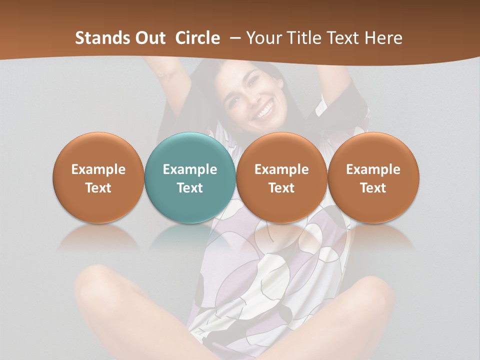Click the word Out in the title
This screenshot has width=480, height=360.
coord(150,38)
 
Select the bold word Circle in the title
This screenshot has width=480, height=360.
coord(197,38)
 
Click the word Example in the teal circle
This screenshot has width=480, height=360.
coord(190,169)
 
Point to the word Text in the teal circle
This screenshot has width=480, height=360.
coord(190,188)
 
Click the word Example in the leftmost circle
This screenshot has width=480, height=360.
coord(98,169)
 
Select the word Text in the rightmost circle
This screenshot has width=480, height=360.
coord(373,188)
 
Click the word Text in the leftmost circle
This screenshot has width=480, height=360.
coord(98,188)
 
